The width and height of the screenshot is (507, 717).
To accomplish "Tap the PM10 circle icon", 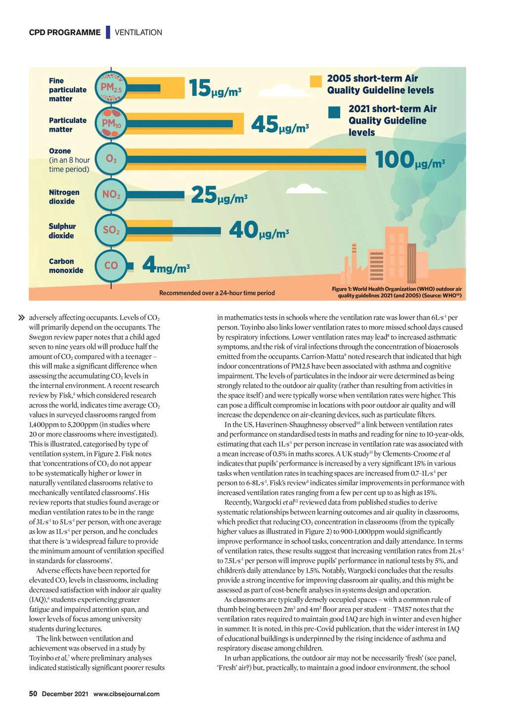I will click(111, 123).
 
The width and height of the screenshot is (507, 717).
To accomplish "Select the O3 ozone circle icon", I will click(111, 159).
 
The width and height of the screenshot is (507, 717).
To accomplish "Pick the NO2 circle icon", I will click(111, 195).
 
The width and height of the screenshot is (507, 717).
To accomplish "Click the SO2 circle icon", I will click(111, 230).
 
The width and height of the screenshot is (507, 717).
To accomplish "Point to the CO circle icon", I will click(111, 266).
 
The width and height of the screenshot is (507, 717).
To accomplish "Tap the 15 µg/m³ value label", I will click(215, 89).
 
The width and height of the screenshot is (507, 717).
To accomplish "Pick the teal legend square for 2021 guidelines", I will click(334, 112).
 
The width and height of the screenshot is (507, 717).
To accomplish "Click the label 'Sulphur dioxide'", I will click(62, 231).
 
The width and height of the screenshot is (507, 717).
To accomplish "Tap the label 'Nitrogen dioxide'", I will click(64, 197).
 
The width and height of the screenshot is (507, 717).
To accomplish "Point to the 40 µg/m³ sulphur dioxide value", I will click(259, 231).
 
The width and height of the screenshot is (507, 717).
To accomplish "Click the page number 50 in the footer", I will click(33, 694).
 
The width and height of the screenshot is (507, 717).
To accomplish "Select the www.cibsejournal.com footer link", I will click(126, 694).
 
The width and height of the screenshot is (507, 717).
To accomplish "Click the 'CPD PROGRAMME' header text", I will click(64, 32).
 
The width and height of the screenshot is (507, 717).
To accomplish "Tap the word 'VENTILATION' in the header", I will click(138, 33).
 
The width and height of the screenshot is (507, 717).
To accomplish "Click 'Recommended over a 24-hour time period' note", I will click(217, 293).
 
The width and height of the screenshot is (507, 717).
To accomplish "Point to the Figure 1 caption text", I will click(397, 292).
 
